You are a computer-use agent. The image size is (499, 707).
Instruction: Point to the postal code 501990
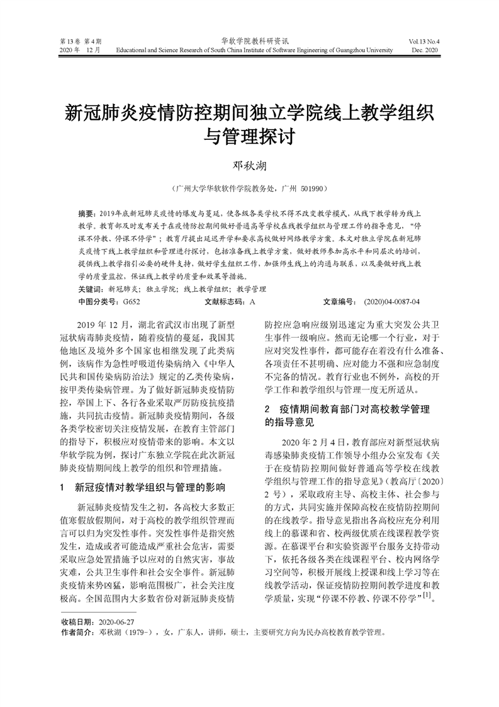tap(308, 188)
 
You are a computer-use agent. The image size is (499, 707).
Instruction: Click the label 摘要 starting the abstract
tap(87, 214)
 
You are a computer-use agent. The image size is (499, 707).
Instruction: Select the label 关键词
tap(90, 289)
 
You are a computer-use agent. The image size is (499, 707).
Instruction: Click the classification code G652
tap(132, 301)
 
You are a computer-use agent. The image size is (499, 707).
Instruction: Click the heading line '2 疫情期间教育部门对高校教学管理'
tap(347, 410)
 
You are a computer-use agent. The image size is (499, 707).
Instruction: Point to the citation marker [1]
tap(426, 594)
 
